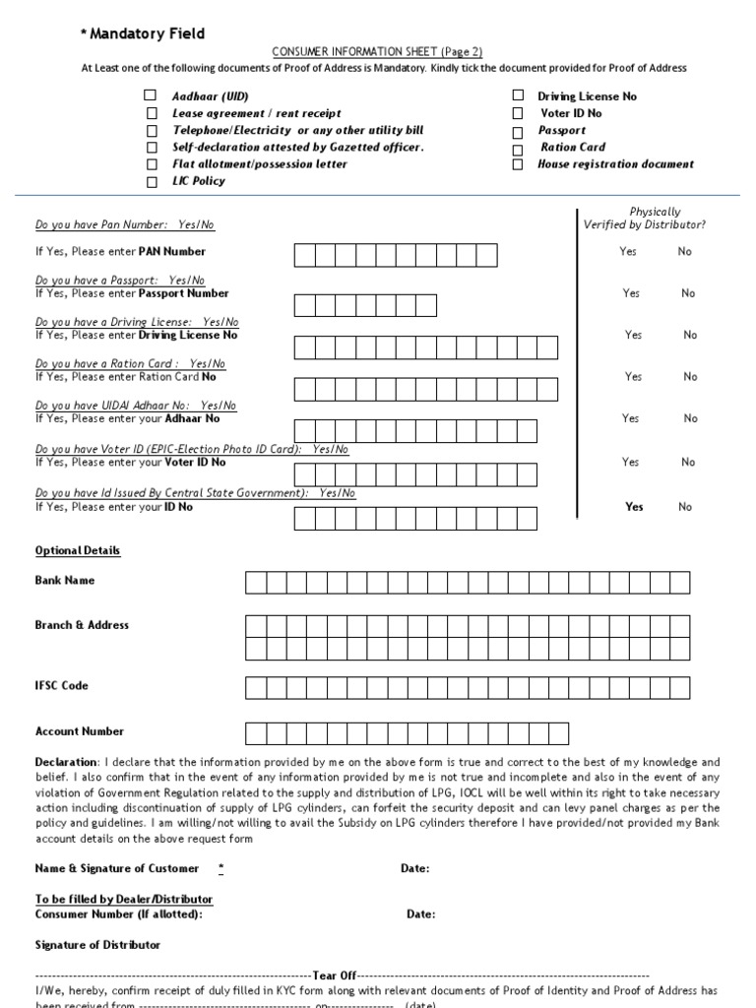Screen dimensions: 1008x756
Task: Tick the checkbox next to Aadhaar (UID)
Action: point(151,96)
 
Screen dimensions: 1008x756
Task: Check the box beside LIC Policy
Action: point(151,182)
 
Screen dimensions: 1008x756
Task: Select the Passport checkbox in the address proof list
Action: point(517,131)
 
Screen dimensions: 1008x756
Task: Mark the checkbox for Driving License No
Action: point(517,96)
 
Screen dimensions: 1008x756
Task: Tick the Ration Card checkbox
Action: point(517,148)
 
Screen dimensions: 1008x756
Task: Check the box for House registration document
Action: point(517,164)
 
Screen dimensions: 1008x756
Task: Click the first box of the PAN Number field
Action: point(305,256)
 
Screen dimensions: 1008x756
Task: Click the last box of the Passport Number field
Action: point(426,304)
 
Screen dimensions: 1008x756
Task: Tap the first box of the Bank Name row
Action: point(255,583)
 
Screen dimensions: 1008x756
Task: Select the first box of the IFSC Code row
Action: point(255,687)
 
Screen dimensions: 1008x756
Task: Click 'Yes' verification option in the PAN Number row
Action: point(628,252)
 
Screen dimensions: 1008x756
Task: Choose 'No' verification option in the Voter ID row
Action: point(687,462)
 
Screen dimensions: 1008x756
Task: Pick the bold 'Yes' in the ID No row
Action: point(634,507)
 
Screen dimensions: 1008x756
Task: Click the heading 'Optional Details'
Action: point(78,550)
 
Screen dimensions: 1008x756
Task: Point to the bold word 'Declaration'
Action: point(66,762)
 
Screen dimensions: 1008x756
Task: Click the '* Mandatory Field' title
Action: point(143,33)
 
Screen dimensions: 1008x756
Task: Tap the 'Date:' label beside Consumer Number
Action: point(420,913)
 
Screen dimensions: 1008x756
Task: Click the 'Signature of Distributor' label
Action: point(97,945)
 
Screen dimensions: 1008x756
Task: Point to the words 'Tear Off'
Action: point(335,975)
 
